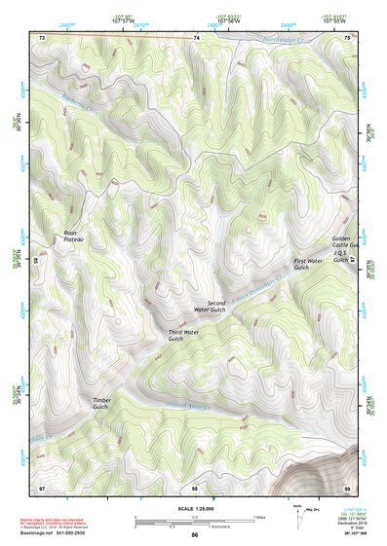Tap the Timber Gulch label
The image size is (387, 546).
click(100, 404)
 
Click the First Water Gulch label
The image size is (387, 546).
click(308, 264)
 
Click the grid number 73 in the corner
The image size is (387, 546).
click(42, 37)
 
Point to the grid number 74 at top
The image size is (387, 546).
click(195, 37)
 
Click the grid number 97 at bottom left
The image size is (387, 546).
click(42, 486)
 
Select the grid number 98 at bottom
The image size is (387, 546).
click(195, 486)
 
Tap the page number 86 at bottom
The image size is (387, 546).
click(195, 535)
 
